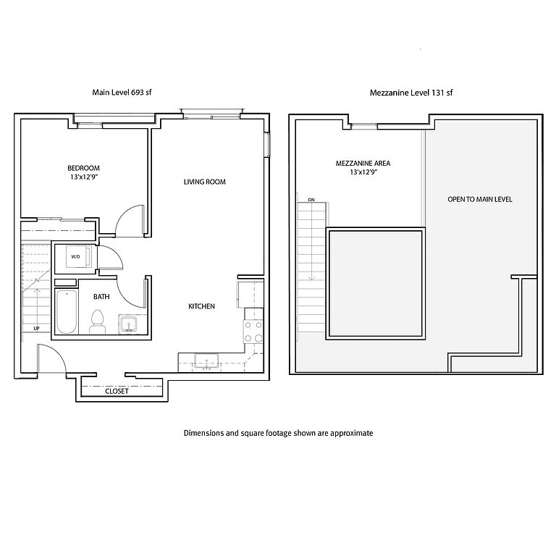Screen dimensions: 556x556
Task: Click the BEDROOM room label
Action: point(84,168)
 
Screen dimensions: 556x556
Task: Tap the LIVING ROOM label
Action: point(205,182)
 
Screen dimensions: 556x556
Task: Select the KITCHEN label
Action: point(201,306)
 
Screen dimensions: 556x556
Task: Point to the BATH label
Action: point(101,296)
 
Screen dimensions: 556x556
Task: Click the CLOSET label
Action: point(117,391)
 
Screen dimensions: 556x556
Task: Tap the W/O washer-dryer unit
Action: point(79,256)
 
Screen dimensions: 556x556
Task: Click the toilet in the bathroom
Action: point(98,321)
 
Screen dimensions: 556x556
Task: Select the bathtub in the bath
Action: point(67,312)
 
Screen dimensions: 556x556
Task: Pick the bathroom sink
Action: point(128,324)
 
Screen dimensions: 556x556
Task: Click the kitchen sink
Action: point(206,361)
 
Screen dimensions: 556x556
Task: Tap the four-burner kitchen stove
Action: point(253,331)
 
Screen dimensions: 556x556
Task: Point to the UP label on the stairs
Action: point(36,329)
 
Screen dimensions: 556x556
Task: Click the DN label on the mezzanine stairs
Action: point(311,200)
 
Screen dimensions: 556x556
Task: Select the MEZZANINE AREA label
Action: point(363,164)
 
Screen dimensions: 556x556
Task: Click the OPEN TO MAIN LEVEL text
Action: point(480,199)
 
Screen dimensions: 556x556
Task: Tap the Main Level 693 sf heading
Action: point(122,92)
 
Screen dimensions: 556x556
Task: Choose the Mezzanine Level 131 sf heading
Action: point(411,93)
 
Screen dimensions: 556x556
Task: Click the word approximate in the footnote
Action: point(351,434)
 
